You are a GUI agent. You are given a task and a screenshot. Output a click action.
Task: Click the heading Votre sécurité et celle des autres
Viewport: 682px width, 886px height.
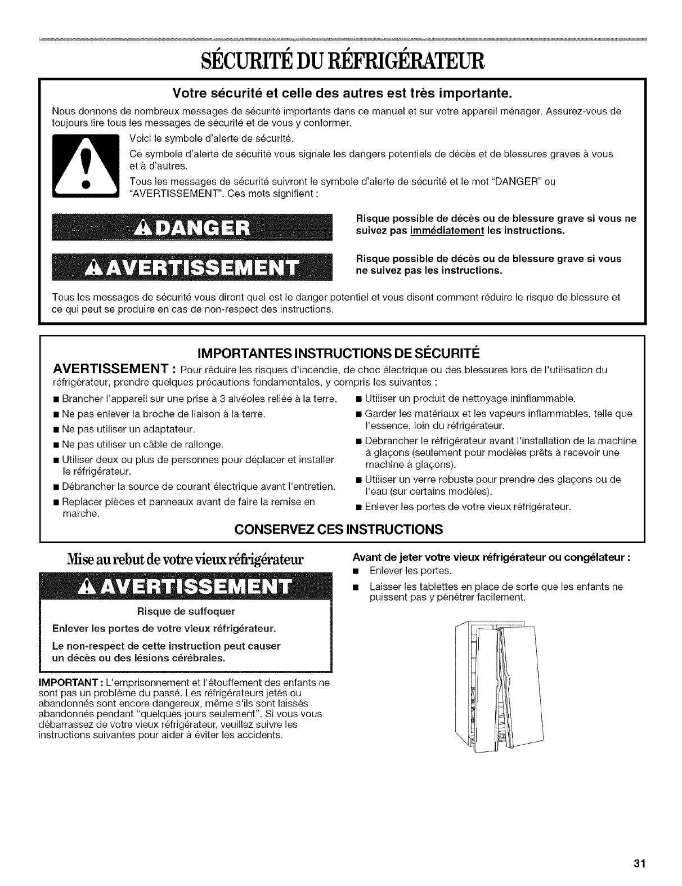(x=341, y=91)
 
